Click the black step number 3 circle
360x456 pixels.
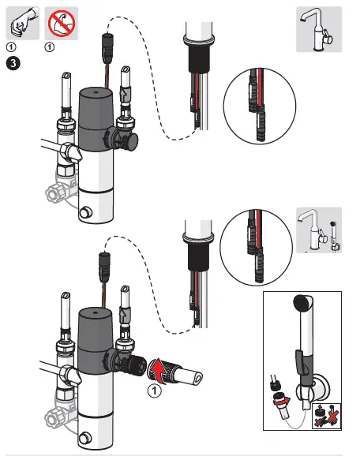point(13,63)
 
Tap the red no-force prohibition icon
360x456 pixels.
point(62,23)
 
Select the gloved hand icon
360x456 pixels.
point(23,23)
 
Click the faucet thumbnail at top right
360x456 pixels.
point(319,29)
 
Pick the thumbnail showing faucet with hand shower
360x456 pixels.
point(319,230)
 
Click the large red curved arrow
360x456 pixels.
point(158,372)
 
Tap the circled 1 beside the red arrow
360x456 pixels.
point(154,391)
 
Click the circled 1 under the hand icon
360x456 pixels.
point(11,47)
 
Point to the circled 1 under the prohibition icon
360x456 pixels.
point(50,47)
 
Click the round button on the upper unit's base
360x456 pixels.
point(85,212)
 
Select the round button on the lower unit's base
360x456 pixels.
point(84,438)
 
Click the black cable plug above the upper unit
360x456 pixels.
point(107,47)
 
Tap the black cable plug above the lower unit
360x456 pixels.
point(104,267)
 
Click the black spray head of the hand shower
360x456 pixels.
point(302,302)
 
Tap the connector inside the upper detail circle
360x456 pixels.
point(257,105)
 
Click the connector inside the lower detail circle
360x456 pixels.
point(255,247)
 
